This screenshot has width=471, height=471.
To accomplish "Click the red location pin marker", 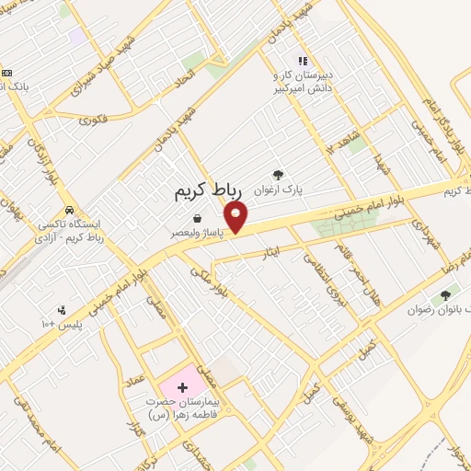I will pyautogui.click(x=236, y=217).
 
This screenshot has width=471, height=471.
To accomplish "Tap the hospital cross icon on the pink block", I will pyautogui.click(x=181, y=386).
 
